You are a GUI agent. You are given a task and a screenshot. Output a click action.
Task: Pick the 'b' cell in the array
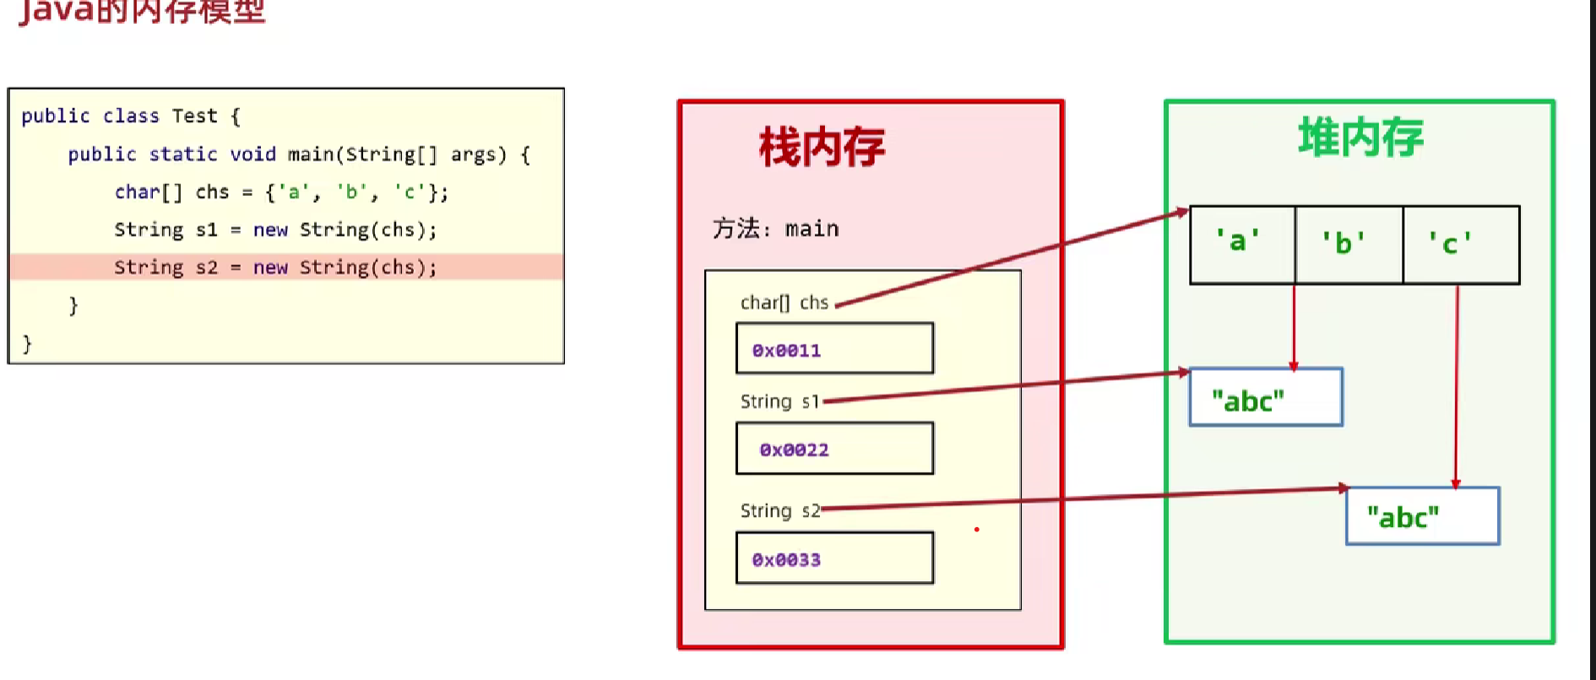point(1348,244)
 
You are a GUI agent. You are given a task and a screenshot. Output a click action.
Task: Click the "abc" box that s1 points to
point(1265,398)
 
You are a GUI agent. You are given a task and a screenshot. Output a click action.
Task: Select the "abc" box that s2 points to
point(1422,516)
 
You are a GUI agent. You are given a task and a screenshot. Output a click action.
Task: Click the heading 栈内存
point(822,147)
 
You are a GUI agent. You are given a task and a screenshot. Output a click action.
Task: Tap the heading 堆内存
point(1360,138)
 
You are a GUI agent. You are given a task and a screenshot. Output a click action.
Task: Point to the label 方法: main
point(775,229)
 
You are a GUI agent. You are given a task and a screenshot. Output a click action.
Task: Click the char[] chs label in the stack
point(784,302)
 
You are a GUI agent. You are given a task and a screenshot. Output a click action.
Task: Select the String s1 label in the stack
point(779,401)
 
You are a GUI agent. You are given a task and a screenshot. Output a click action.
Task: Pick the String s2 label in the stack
point(779,510)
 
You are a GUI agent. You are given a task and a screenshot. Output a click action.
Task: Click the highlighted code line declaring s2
point(275,268)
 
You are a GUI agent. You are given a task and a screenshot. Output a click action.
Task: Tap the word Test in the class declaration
point(194,116)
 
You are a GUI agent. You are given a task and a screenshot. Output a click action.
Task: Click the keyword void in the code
point(252,155)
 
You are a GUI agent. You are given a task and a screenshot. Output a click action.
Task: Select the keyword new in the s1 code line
point(270,230)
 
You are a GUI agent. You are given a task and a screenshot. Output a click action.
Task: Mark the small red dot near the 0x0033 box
point(976,530)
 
